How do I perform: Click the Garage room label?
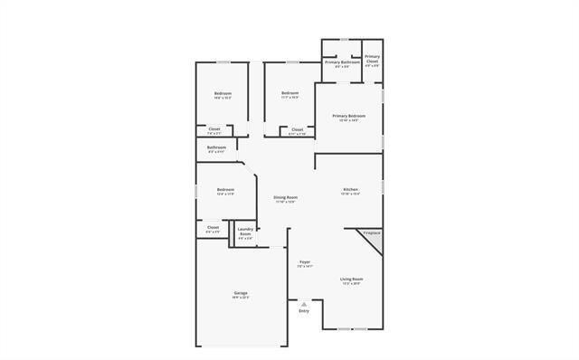[241, 293]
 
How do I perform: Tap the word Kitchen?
[350, 189]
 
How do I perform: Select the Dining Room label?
[286, 197]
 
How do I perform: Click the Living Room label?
[351, 279]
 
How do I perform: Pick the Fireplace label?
[372, 233]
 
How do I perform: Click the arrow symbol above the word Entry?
[303, 304]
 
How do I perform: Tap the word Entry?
[303, 311]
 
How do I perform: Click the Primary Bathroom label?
[343, 62]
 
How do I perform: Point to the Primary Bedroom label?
[348, 116]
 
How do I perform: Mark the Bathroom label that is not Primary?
[216, 147]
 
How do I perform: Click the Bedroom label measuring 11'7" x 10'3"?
[289, 93]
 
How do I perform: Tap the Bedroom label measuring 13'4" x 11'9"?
[225, 189]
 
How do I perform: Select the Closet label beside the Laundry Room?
[213, 227]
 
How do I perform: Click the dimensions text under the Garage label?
[241, 298]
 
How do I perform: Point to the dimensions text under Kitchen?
[350, 194]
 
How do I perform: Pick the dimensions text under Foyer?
[304, 267]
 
